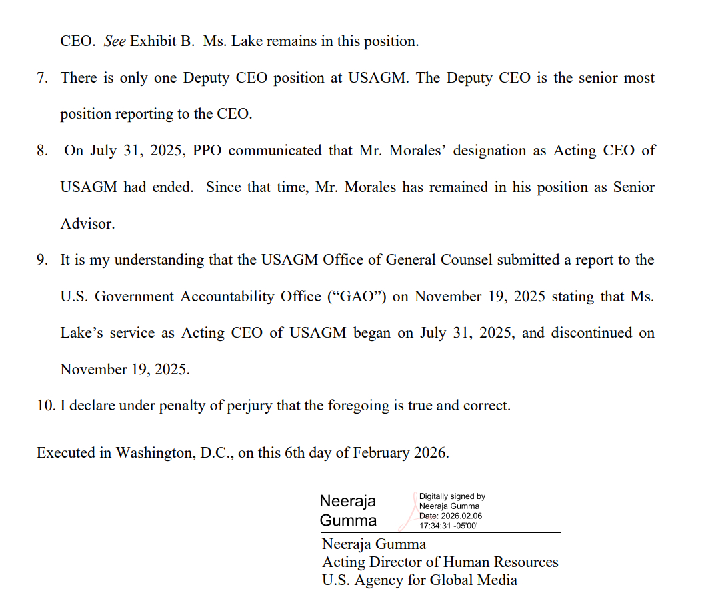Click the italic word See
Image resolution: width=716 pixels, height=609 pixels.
click(115, 41)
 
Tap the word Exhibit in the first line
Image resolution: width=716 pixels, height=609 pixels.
click(152, 41)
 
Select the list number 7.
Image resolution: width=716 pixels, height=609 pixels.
click(42, 78)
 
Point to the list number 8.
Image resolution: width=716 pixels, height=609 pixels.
click(42, 151)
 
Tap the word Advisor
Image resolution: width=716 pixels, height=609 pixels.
click(87, 224)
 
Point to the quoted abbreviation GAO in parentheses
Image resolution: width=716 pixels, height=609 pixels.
click(360, 297)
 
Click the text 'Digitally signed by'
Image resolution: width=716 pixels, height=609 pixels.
click(452, 496)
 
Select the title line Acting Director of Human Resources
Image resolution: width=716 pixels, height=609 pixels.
click(440, 562)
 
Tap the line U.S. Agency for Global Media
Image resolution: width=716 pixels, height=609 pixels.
click(419, 580)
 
